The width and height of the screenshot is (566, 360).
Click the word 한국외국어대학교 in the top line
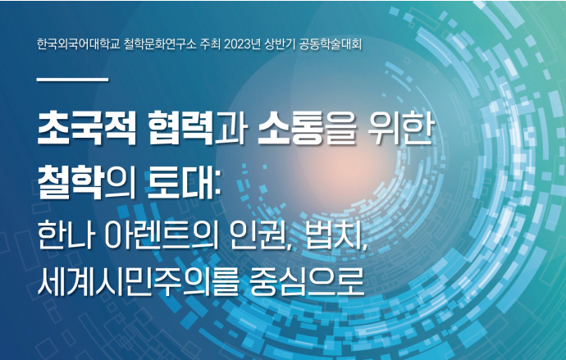[78, 44]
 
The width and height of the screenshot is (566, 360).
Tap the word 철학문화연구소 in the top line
[160, 44]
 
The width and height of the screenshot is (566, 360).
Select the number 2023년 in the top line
[242, 44]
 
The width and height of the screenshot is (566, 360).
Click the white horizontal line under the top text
[72, 79]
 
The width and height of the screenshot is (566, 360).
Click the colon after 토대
[217, 185]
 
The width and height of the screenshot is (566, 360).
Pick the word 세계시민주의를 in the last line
[139, 280]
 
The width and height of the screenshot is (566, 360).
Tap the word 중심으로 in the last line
[307, 280]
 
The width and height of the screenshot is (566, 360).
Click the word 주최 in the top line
[211, 44]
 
